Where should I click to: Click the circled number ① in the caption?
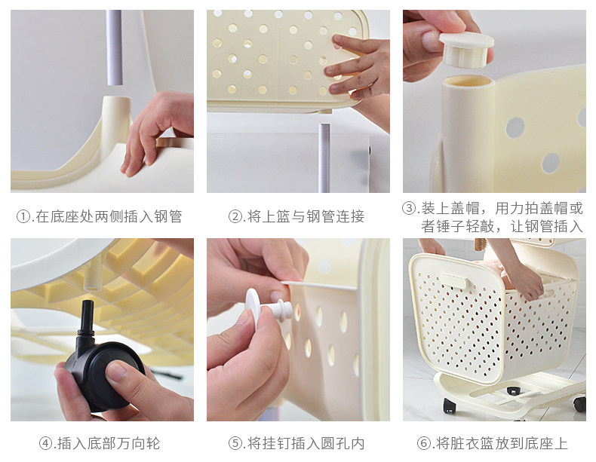(x=23, y=217)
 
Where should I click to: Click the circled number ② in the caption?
(x=235, y=217)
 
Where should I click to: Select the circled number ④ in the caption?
(x=46, y=443)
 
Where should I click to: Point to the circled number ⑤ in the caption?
(x=235, y=443)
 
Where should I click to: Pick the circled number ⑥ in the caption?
(x=424, y=443)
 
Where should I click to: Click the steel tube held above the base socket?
(x=114, y=47)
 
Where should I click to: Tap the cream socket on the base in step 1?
(x=116, y=114)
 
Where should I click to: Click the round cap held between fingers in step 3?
(x=465, y=50)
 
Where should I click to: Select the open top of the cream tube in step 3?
(x=469, y=81)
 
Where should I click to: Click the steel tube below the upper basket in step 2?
(x=324, y=158)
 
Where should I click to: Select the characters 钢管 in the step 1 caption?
(x=167, y=217)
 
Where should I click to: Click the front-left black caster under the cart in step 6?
(x=450, y=405)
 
